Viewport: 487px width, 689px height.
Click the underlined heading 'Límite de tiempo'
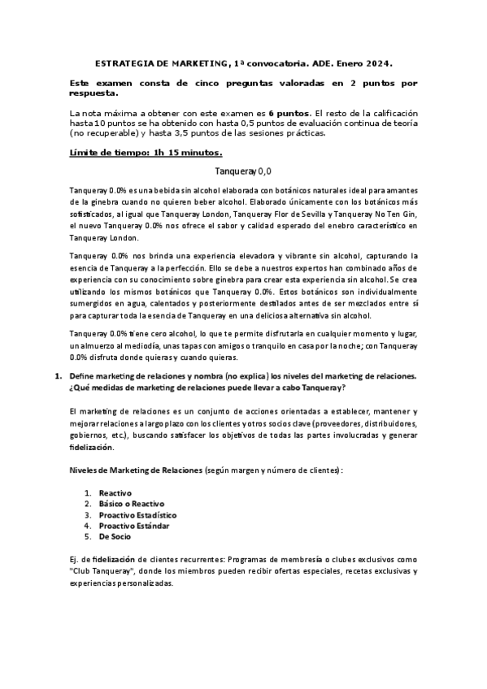108,152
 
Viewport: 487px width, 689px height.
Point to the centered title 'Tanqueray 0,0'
244,171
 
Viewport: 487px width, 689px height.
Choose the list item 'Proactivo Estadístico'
137,515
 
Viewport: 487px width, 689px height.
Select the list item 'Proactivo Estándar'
134,526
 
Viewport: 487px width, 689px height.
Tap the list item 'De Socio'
115,537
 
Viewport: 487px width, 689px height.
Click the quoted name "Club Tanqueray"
99,571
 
